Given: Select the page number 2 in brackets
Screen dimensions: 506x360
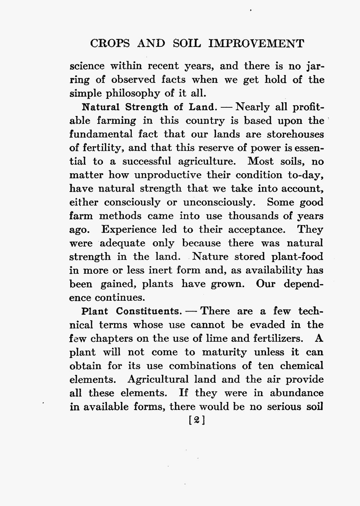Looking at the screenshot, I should (197, 420).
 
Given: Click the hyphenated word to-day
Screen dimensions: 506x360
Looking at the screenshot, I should (306, 175).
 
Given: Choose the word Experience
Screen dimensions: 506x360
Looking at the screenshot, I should (129, 229).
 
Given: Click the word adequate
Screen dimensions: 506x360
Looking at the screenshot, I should (122, 243).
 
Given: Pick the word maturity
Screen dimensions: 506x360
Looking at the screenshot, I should (225, 352).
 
